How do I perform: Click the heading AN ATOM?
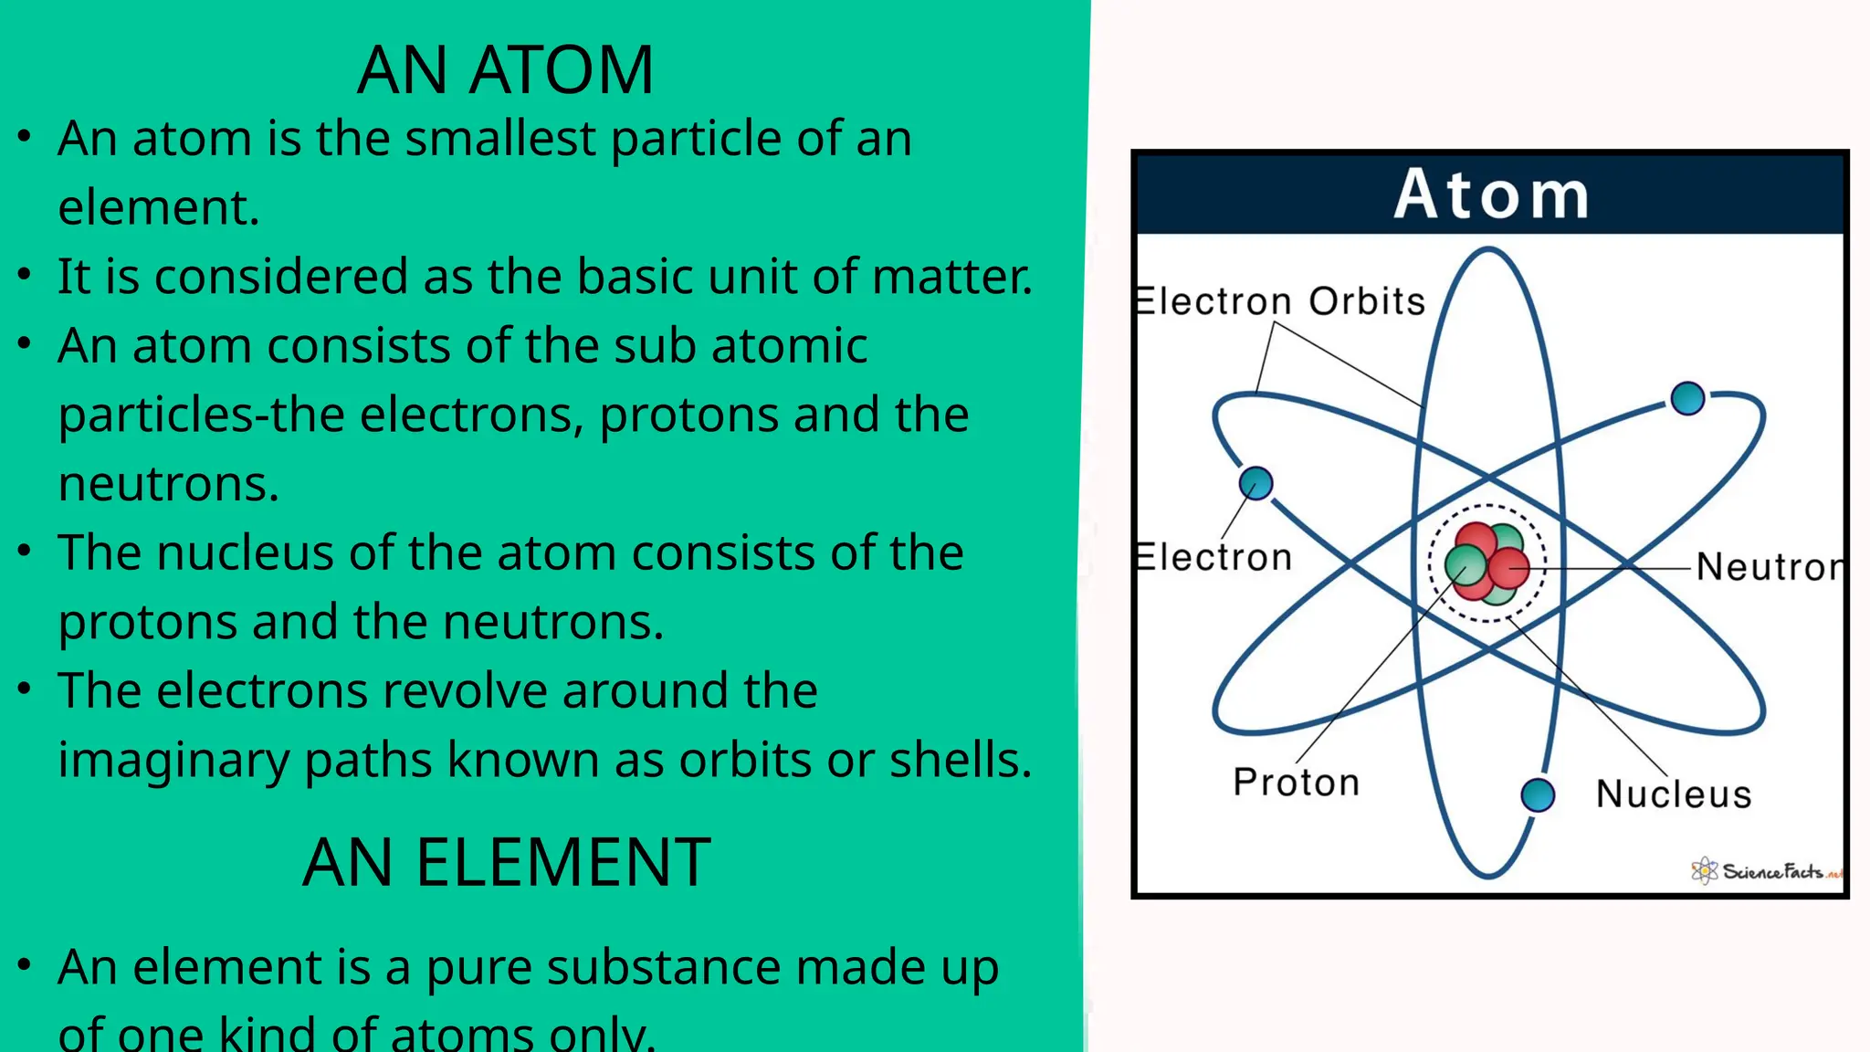[x=505, y=70]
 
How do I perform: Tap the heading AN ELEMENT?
[x=506, y=863]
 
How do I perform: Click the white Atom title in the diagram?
[x=1491, y=195]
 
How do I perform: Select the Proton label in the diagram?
[x=1297, y=783]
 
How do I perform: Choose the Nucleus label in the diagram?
[x=1674, y=794]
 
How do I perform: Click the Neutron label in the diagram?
[x=1770, y=567]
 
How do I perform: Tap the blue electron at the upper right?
[x=1687, y=398]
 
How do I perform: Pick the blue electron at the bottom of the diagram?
[x=1538, y=794]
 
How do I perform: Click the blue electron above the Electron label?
[x=1255, y=483]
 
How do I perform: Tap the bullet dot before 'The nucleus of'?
[x=25, y=551]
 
